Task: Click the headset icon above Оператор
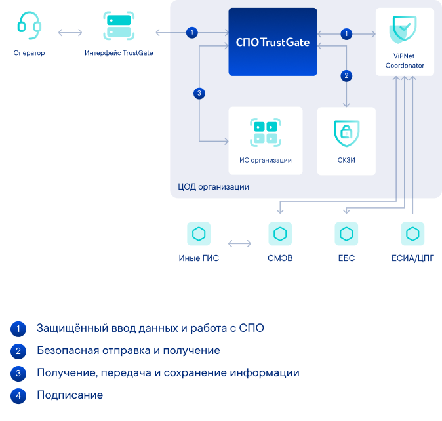pos(29,25)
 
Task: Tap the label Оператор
pos(29,53)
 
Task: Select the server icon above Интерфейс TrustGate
pos(119,25)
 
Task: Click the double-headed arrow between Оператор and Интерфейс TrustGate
pos(70,32)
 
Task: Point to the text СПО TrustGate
pos(272,43)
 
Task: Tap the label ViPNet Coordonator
pos(405,61)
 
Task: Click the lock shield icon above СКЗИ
pos(346,132)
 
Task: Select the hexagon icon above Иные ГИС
pos(198,233)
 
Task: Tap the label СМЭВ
pos(280,258)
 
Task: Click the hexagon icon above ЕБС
pos(346,233)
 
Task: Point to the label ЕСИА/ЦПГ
pos(412,258)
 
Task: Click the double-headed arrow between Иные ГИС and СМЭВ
pos(239,244)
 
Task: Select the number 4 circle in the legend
pos(19,395)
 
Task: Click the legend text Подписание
pos(70,395)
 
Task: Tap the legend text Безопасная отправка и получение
pos(128,351)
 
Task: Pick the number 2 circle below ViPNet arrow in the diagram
pos(347,75)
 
